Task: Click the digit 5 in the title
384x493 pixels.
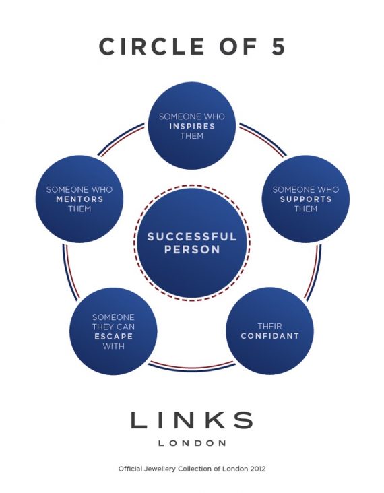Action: pyautogui.click(x=278, y=46)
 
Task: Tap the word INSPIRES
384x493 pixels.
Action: pyautogui.click(x=192, y=127)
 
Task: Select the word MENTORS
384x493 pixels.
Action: pyautogui.click(x=79, y=199)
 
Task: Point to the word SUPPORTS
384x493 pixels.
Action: pyautogui.click(x=306, y=199)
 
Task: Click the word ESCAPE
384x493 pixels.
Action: pyautogui.click(x=114, y=337)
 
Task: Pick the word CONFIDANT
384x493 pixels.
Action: pyautogui.click(x=270, y=336)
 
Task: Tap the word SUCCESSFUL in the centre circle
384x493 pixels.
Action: pyautogui.click(x=192, y=237)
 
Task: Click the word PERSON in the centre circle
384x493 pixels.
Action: pyautogui.click(x=192, y=250)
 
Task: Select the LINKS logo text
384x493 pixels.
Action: pyautogui.click(x=192, y=420)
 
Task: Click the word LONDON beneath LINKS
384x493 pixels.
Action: pyautogui.click(x=192, y=443)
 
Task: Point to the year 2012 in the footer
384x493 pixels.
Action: pyautogui.click(x=257, y=469)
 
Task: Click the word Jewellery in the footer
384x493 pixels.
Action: pyautogui.click(x=160, y=469)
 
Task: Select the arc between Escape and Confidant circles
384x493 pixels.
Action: pyautogui.click(x=192, y=368)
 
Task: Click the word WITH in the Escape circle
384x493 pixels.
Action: pyautogui.click(x=114, y=346)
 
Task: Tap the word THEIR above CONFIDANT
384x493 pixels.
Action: pyautogui.click(x=270, y=327)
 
